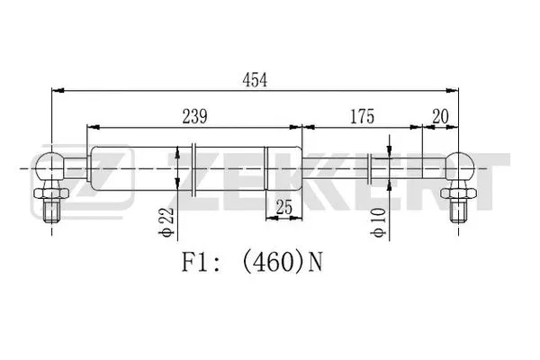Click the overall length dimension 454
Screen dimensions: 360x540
point(255,79)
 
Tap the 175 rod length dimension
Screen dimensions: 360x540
point(360,115)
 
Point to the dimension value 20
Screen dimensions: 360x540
point(440,115)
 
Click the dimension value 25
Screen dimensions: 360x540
point(283,208)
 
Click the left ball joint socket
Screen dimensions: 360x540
point(49,167)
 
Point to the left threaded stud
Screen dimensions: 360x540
point(49,208)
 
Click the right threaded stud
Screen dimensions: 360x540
point(459,208)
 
